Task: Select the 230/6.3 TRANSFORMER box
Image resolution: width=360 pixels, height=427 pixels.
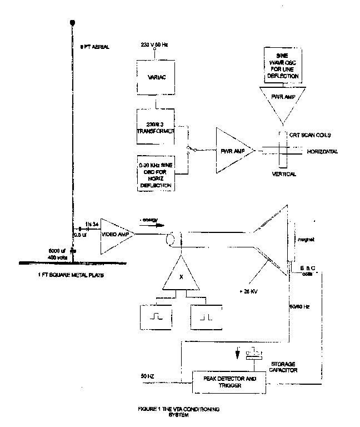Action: click(x=156, y=127)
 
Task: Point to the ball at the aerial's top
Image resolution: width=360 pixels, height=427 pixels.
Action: click(x=72, y=23)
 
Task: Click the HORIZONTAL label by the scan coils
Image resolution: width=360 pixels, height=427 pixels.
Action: click(x=318, y=151)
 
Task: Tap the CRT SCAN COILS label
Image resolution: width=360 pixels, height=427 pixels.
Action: click(x=309, y=135)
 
